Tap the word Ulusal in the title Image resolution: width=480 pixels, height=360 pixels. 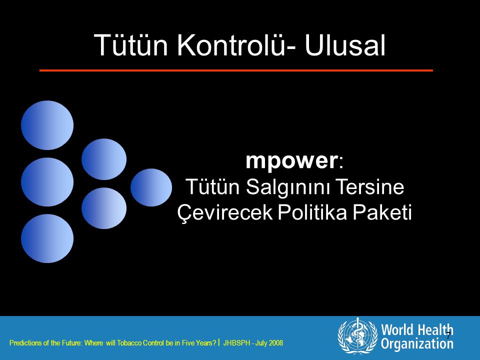coord(344,45)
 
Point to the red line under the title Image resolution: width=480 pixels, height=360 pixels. coord(236,70)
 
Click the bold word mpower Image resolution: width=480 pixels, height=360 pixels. coord(291,160)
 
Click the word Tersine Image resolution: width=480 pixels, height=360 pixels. coord(369,186)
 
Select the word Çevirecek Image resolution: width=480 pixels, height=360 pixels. coord(225,212)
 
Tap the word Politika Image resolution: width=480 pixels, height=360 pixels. coord(312,212)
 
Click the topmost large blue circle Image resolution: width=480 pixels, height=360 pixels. coord(47,125)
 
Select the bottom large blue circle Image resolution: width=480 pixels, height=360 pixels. coord(47,238)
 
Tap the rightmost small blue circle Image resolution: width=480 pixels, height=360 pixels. coord(151,187)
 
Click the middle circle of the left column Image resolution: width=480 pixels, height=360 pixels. coord(47,182)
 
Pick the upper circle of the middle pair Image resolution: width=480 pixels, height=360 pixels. coord(104,159)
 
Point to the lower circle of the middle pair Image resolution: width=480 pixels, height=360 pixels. coord(104,208)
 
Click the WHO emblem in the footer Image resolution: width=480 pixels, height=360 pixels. coord(357,335)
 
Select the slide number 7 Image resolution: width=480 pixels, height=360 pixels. coord(448,335)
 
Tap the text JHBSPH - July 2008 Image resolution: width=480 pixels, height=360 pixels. coord(253,343)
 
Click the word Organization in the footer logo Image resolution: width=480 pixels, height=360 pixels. coord(417,343)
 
